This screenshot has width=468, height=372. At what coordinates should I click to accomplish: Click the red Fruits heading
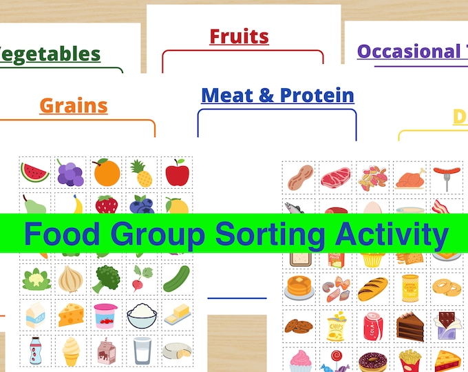[239, 36]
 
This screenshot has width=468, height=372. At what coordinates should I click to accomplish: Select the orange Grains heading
[74, 105]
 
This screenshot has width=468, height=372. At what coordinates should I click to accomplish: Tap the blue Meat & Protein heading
[277, 95]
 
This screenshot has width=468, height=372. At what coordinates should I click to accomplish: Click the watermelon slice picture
[35, 172]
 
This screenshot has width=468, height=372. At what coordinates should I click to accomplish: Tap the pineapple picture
[142, 173]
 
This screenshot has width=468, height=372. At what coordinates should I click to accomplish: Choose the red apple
[177, 172]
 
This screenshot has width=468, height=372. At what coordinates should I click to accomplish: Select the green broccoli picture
[106, 279]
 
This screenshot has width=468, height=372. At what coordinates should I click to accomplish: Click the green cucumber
[177, 278]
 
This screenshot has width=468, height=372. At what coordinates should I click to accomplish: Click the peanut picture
[299, 177]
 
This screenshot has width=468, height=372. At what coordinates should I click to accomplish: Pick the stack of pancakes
[299, 287]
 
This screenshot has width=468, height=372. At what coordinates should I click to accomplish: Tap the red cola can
[372, 324]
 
